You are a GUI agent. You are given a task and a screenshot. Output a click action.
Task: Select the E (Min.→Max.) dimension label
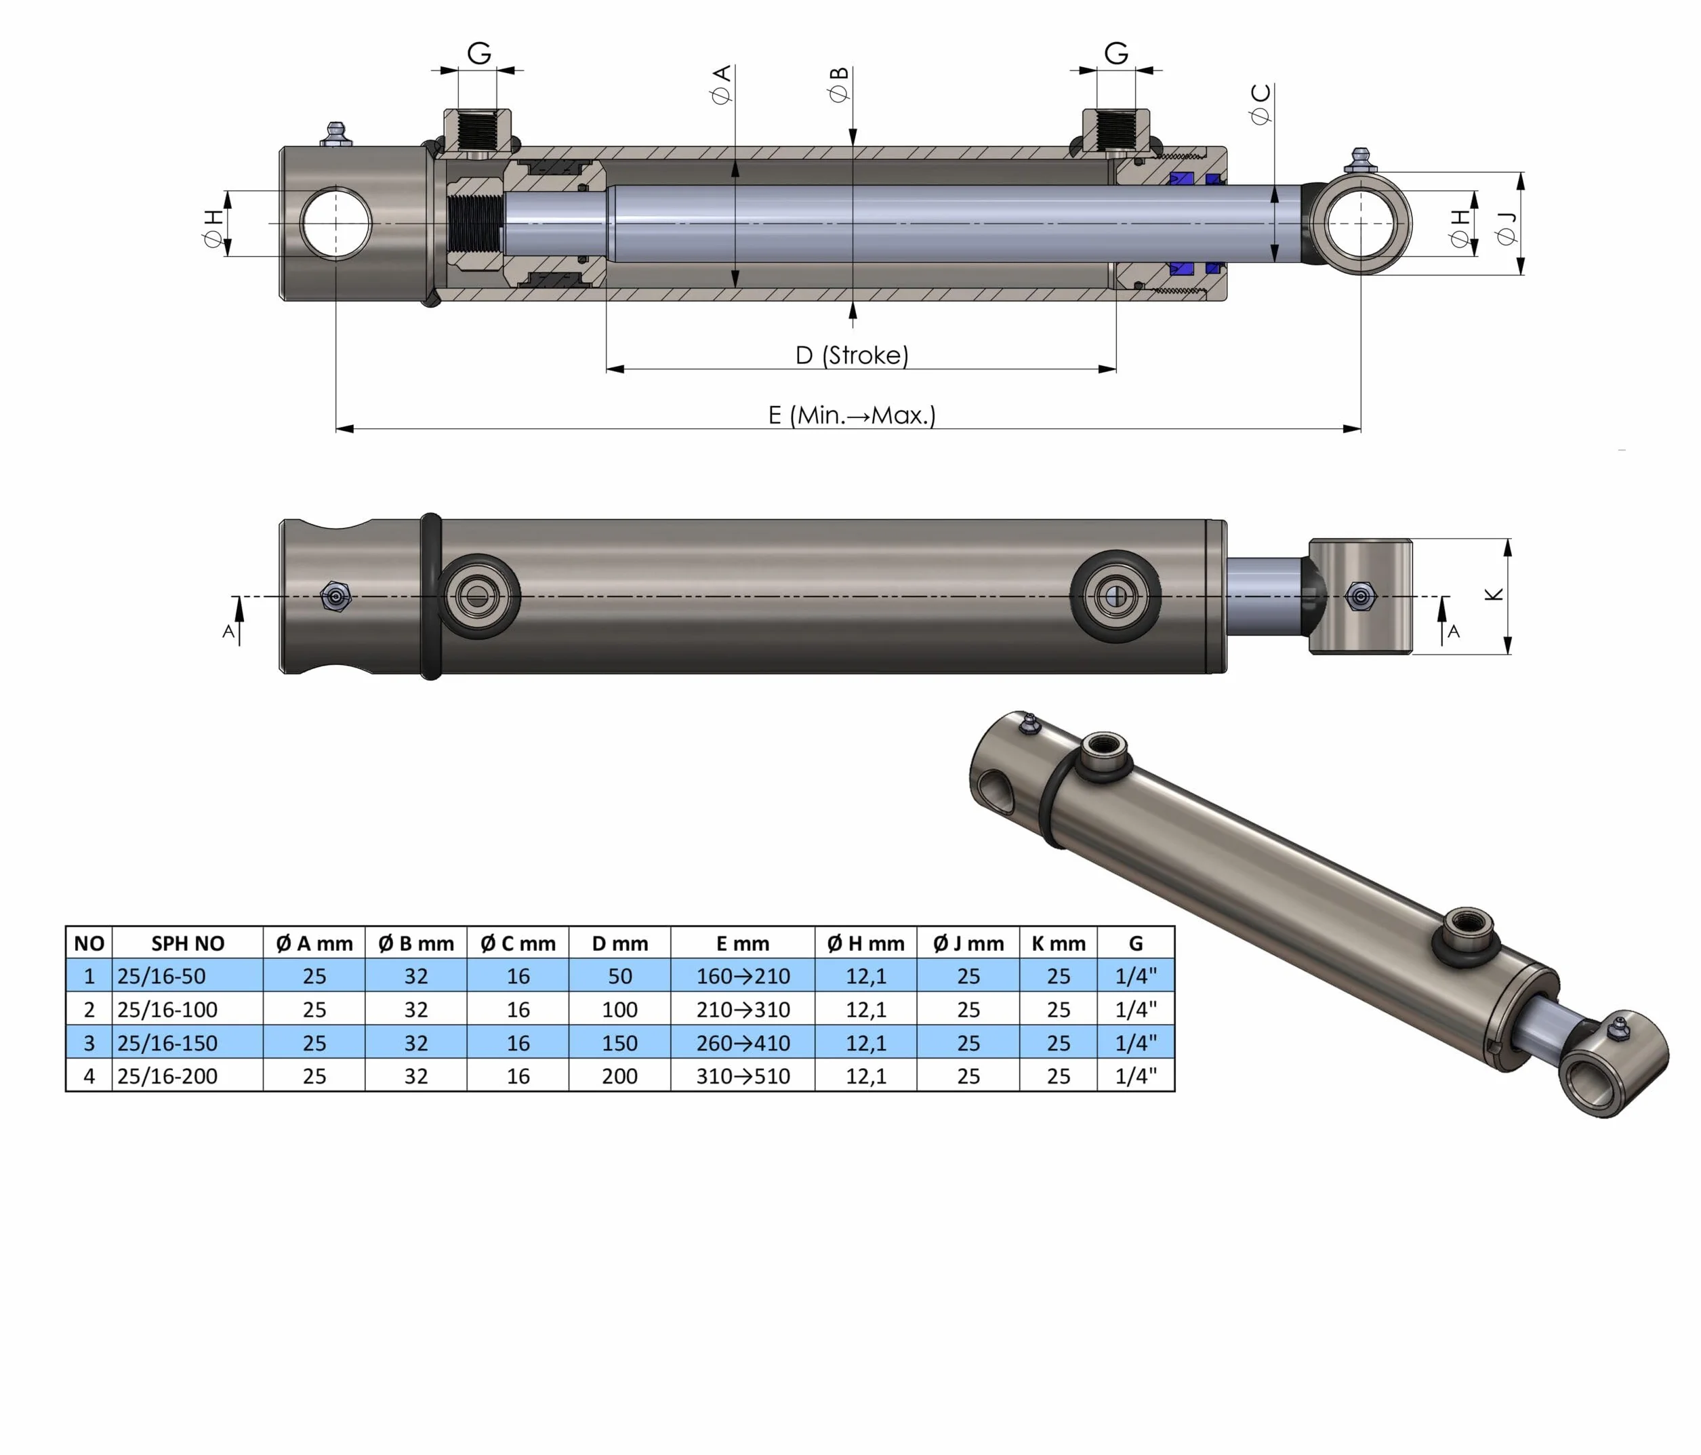click(852, 415)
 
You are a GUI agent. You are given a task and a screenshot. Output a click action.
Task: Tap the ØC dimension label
click(1261, 104)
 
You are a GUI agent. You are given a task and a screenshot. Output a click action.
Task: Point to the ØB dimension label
click(839, 85)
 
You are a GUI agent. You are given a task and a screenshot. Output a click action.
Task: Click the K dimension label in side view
click(1494, 594)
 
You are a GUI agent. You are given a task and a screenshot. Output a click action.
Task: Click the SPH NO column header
click(188, 943)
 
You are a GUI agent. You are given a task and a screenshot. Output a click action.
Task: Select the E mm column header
click(743, 943)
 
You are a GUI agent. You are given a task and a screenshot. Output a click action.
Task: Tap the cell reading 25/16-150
click(167, 1043)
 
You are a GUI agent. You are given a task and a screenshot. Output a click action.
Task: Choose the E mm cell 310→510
click(743, 1075)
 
